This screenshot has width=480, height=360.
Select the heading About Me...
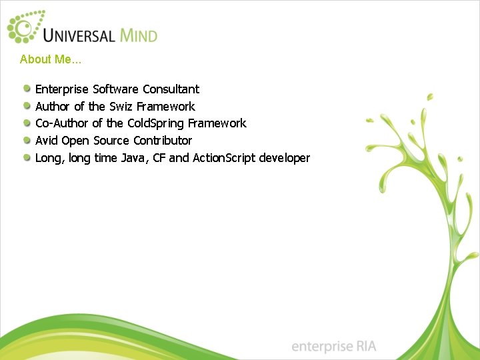click(x=50, y=59)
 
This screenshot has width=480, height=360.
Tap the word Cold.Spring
click(x=156, y=123)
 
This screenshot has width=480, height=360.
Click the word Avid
click(x=47, y=141)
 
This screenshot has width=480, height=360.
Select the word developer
click(x=285, y=158)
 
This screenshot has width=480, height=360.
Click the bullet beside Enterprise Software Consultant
click(x=26, y=89)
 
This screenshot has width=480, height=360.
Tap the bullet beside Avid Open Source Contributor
click(x=26, y=140)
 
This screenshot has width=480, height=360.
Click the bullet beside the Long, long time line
click(x=26, y=157)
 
